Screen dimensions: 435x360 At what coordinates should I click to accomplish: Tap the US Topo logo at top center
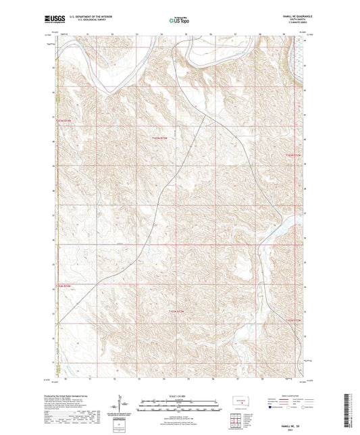pyautogui.click(x=179, y=20)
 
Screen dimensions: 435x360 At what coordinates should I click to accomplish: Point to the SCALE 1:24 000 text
pyautogui.click(x=180, y=395)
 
